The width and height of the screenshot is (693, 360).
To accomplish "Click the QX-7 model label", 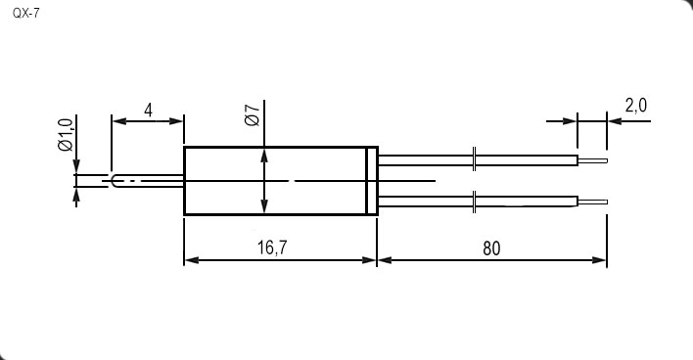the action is click(25, 14).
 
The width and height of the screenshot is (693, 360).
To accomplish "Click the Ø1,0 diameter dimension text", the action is click(66, 135).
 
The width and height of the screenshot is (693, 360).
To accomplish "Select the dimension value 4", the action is click(149, 111).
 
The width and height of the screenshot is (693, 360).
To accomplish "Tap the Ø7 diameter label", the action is click(253, 115).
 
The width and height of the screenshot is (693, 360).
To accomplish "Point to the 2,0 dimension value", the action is click(636, 106).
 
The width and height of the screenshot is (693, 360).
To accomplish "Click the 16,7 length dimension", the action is click(272, 247).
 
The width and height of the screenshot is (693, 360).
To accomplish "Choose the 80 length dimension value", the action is click(491, 248).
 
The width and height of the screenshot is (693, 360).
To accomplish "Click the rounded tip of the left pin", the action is click(114, 181).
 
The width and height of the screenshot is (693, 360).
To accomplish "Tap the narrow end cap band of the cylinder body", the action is click(372, 181).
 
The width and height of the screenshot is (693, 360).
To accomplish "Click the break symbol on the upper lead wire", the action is click(474, 158).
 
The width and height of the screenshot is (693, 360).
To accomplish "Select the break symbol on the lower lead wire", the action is click(474, 202).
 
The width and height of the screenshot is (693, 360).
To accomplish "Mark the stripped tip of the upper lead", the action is click(593, 160).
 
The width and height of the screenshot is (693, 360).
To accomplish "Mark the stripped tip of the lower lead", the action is click(593, 202).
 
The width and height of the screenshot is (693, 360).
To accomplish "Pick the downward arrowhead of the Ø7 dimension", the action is click(264, 205).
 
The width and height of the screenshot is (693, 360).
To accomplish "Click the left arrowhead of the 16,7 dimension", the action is click(192, 260).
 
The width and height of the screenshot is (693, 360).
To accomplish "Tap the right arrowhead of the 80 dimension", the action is click(599, 260).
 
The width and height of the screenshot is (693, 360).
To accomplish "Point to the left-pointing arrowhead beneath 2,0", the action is click(615, 120).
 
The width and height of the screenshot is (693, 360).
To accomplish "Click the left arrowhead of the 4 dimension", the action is click(119, 121).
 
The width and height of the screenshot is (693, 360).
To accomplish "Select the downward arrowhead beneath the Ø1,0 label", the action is click(76, 166).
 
